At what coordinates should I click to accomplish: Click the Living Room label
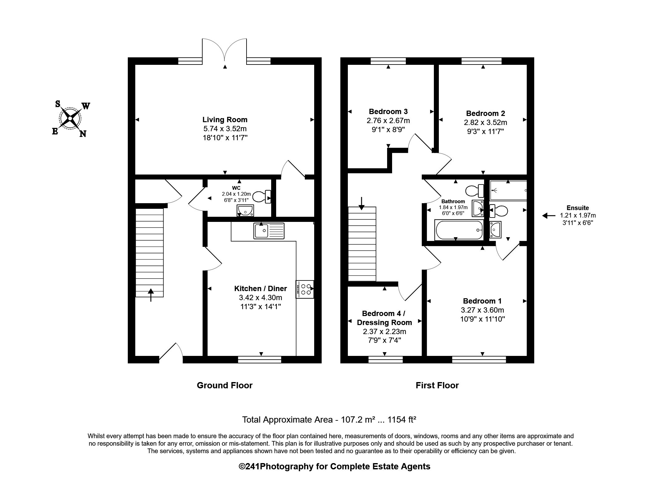[225, 120]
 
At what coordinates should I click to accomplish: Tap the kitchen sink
[269, 231]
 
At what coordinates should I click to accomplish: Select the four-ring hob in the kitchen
[305, 290]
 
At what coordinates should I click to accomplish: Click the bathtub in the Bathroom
[459, 230]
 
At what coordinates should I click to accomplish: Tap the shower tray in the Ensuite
[508, 190]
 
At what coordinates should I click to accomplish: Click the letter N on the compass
[83, 134]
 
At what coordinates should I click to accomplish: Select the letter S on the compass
[58, 104]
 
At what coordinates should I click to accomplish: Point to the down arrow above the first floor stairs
[361, 203]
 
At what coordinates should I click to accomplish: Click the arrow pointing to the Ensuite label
[549, 215]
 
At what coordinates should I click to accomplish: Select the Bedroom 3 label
[388, 112]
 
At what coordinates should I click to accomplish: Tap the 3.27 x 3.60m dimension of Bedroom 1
[482, 310]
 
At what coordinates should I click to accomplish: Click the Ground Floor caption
[224, 386]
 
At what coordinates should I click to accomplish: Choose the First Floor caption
[437, 386]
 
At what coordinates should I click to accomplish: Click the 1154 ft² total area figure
[401, 420]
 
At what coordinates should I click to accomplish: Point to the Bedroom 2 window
[482, 61]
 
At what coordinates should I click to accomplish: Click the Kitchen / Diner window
[259, 360]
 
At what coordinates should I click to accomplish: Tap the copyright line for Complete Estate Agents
[334, 467]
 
